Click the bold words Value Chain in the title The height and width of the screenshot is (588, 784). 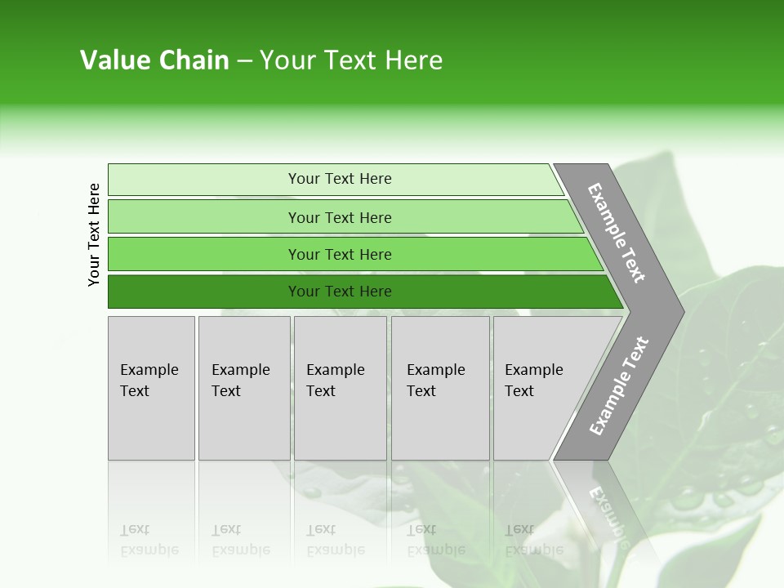click(x=154, y=60)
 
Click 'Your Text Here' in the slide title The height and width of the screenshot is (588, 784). click(x=351, y=60)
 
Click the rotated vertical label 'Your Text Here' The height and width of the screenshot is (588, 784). click(x=94, y=234)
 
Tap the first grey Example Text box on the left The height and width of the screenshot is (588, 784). click(x=151, y=388)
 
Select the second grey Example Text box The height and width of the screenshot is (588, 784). click(x=244, y=388)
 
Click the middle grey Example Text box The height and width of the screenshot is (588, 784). click(x=340, y=388)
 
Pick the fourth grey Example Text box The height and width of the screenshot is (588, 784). click(x=440, y=388)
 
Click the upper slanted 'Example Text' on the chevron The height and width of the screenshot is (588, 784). click(x=617, y=233)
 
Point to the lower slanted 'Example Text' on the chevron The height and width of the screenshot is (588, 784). click(x=619, y=386)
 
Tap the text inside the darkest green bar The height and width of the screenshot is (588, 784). click(x=340, y=292)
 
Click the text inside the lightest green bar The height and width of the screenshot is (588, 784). click(x=340, y=179)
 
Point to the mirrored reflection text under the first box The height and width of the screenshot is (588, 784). click(x=149, y=540)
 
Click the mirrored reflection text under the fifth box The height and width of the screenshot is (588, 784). click(x=533, y=540)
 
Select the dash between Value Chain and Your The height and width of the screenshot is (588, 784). click(x=244, y=61)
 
